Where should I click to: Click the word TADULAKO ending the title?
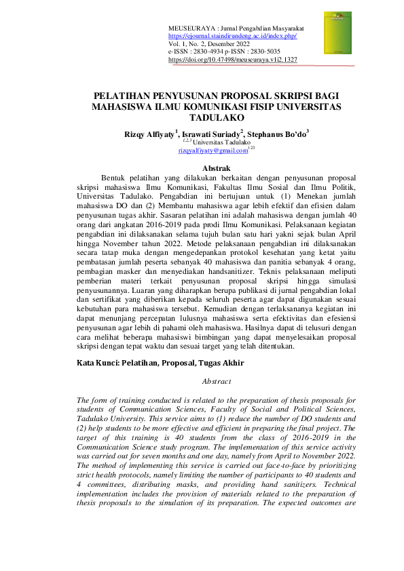202,117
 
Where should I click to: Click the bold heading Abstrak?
202,168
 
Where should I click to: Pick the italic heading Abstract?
202,381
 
